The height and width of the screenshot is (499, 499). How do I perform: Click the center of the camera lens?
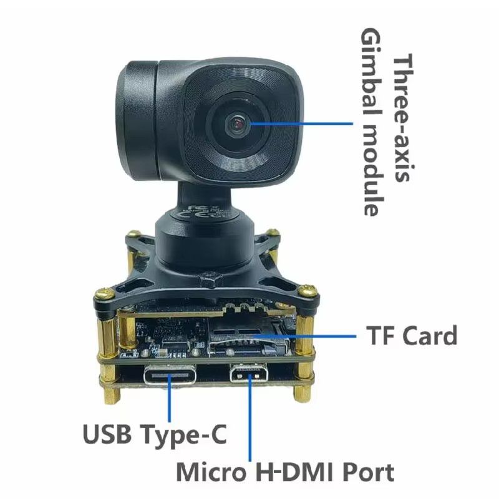237,125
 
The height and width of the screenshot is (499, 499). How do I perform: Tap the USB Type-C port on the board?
170,375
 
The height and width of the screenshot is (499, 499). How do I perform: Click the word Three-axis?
403,118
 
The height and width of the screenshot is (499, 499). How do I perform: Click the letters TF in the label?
379,336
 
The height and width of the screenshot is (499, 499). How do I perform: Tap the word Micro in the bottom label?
211,472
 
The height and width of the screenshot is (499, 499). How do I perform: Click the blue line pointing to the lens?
301,124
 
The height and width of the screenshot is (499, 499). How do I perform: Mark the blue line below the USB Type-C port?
169,398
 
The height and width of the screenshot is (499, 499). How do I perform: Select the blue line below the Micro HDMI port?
249,418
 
